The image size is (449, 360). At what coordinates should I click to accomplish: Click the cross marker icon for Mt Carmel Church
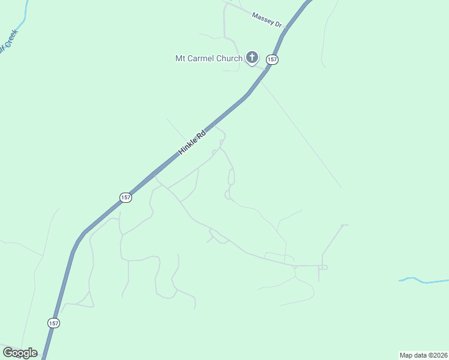coord(252,58)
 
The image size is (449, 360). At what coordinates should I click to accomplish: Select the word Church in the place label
coord(231,58)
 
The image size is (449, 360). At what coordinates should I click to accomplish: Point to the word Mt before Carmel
coord(180,58)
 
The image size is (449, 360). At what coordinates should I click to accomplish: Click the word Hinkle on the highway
coord(188,145)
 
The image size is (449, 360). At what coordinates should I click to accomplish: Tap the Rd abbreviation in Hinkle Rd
coord(202,133)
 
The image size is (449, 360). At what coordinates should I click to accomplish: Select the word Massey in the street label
coord(263,17)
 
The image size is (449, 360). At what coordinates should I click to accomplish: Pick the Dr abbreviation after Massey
coord(277,24)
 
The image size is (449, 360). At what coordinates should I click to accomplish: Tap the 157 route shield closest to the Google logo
coord(54,323)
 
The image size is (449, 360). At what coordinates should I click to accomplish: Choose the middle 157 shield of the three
coord(125,197)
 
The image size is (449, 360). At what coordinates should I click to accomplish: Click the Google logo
coord(20,353)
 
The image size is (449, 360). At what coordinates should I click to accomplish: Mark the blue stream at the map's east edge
coord(423,280)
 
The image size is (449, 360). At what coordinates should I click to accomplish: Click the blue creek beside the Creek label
coord(20,25)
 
